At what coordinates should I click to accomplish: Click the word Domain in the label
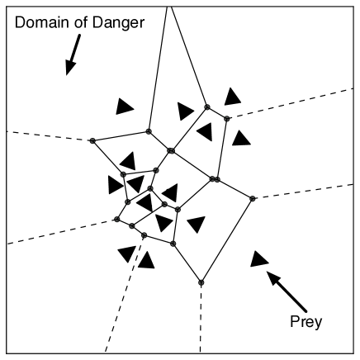tap(43, 23)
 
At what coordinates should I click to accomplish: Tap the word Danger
tap(121, 23)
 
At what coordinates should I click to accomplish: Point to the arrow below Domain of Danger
tap(72, 57)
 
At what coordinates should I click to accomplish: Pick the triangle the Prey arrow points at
tap(258, 258)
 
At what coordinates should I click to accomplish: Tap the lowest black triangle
tap(146, 262)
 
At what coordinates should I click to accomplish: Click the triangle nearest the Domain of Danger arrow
tap(124, 106)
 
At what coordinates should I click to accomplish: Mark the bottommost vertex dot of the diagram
tap(201, 282)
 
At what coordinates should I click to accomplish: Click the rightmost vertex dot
tap(253, 198)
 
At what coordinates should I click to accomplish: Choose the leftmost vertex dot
tap(92, 141)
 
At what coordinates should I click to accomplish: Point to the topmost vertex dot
tap(207, 107)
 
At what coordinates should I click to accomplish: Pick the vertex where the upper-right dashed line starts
tap(227, 118)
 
